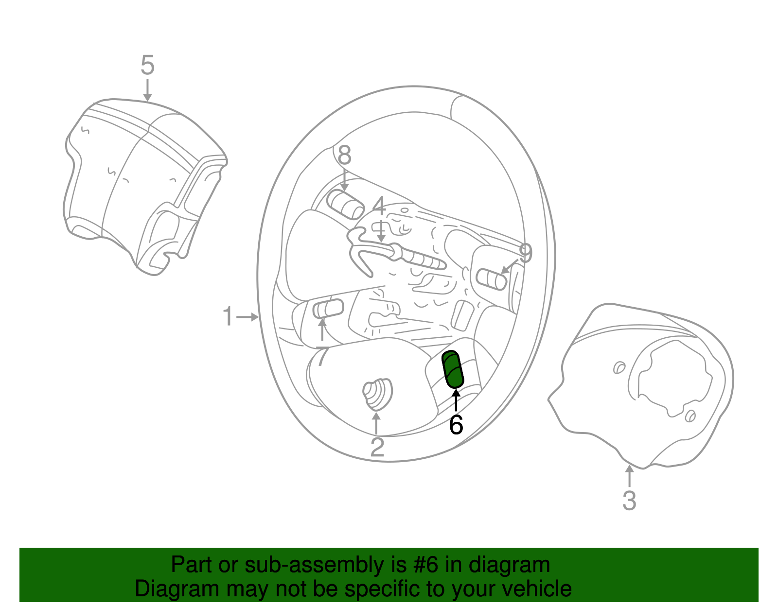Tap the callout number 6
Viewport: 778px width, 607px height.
[456, 425]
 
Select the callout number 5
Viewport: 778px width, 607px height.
[147, 65]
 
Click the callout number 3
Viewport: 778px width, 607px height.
[629, 501]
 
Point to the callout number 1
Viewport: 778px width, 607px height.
[228, 316]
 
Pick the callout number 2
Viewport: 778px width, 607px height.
[377, 447]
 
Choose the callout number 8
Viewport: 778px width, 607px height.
[344, 156]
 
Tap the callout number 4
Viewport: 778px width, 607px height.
[379, 207]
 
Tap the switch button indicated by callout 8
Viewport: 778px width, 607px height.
[346, 205]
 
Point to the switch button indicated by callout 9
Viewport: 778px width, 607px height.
[492, 279]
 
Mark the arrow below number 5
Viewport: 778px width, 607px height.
[147, 90]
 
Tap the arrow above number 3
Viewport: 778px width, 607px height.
[629, 475]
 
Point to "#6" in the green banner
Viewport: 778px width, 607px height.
[426, 565]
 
